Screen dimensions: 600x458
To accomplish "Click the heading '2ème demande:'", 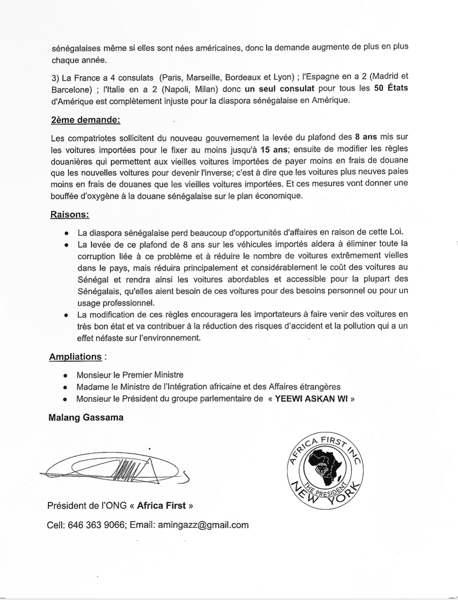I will [x=85, y=120].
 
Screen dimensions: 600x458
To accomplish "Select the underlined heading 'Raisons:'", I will [x=70, y=214].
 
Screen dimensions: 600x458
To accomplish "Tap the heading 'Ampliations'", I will [x=75, y=357].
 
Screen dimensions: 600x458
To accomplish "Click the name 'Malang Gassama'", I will [x=86, y=418].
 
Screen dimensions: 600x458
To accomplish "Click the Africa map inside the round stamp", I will [x=325, y=464].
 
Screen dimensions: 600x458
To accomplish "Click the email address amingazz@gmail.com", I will [x=203, y=525].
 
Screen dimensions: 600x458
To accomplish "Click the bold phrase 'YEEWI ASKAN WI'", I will [x=311, y=399].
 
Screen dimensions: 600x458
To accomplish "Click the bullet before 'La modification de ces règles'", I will [x=66, y=315].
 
